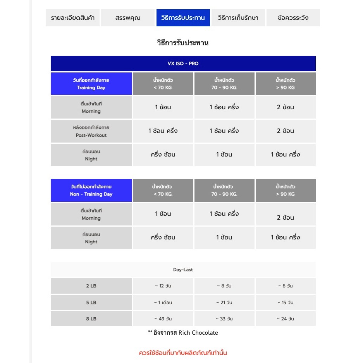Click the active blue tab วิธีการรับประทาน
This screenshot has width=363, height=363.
tap(183, 18)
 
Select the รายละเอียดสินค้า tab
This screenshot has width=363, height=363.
tap(73, 18)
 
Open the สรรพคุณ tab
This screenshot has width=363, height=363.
tap(128, 18)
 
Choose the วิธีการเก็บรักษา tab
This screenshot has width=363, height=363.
tap(238, 18)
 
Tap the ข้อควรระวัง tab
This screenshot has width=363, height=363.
tap(293, 18)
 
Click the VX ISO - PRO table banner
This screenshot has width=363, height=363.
tap(183, 64)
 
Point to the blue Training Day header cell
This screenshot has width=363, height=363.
tap(91, 84)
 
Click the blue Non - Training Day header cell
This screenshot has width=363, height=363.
tap(91, 191)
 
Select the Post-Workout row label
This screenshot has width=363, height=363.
tap(91, 131)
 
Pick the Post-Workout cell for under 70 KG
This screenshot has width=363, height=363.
tap(163, 131)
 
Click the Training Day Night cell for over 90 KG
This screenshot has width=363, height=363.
tap(285, 155)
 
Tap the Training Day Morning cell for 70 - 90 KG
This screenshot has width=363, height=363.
tap(224, 107)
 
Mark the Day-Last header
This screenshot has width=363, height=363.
tap(183, 270)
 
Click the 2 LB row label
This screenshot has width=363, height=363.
tap(91, 286)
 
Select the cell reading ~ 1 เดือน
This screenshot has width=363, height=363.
tap(163, 303)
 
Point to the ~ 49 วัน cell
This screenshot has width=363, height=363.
tap(163, 319)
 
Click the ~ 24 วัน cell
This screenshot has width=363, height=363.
tap(285, 319)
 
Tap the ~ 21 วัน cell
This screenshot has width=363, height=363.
tap(224, 303)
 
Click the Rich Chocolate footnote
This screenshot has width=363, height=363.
tap(183, 333)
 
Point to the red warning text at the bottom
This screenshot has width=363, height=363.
tap(183, 353)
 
